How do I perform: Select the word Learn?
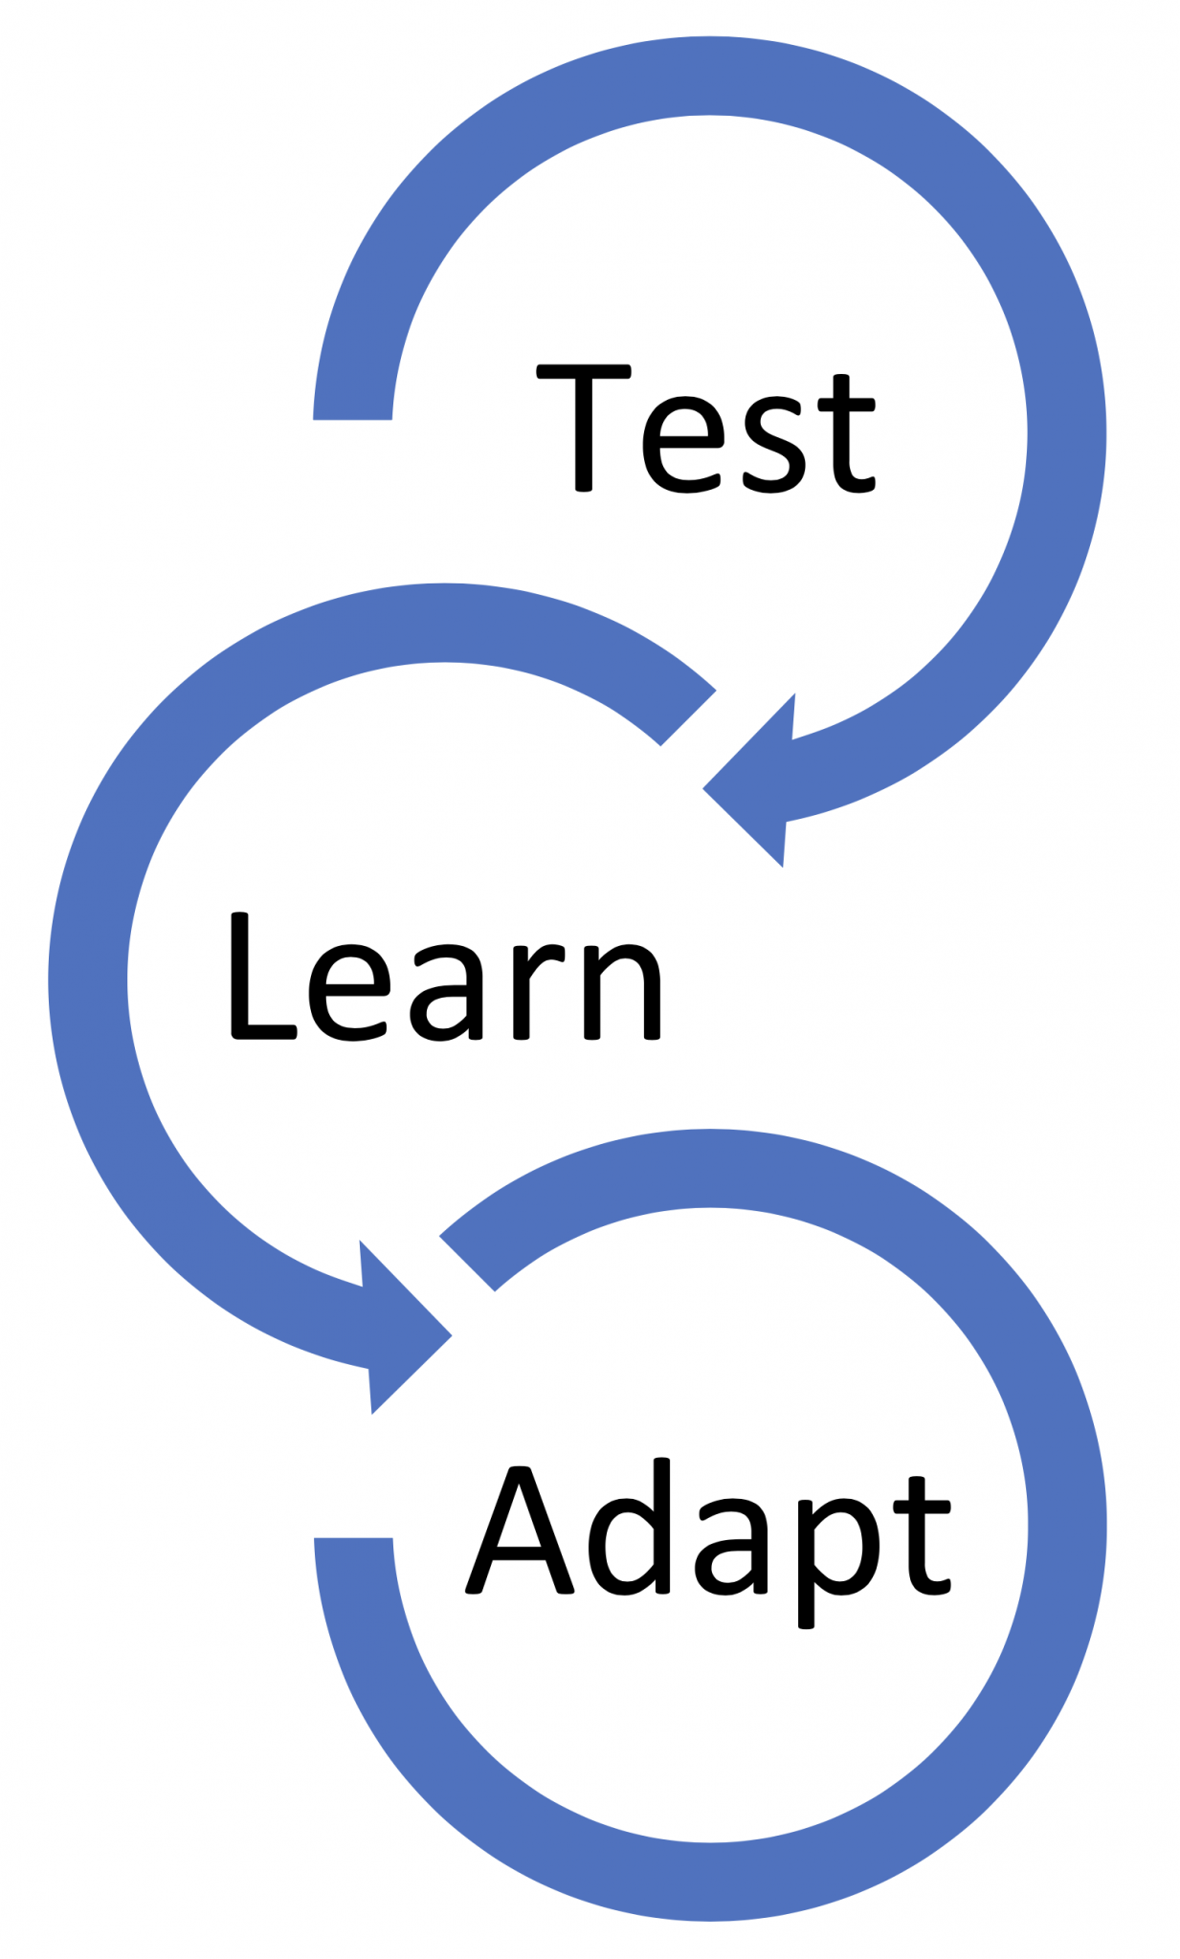coord(444,977)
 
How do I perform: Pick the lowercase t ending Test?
coord(846,434)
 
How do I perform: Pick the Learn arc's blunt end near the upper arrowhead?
coord(687,716)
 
